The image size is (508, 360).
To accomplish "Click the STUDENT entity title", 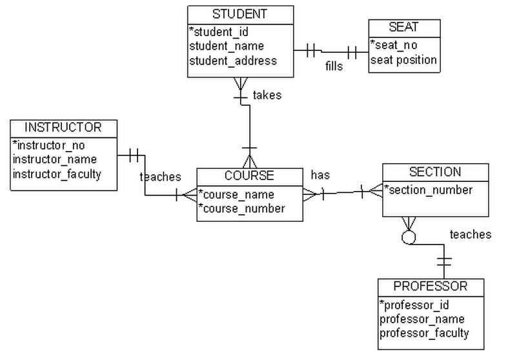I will tap(239, 14).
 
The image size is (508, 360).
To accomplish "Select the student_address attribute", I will tap(233, 61).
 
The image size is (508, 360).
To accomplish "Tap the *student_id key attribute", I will tap(219, 32).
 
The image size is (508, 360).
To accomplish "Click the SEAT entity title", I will tap(404, 28).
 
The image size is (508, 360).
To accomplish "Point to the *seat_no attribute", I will tap(395, 45).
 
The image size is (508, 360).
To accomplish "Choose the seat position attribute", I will tap(403, 60).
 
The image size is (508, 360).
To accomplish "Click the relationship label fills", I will tap(334, 66).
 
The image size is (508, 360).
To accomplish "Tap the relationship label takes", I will tap(267, 95).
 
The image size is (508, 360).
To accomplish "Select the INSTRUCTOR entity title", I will tap(63, 127).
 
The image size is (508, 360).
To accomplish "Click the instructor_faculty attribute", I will tap(57, 174).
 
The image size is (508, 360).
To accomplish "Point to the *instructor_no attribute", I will tap(48, 145).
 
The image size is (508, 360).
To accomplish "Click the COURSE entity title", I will tap(249, 175).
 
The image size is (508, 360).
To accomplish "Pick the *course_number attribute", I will tap(241, 208).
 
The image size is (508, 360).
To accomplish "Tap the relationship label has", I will tap(321, 175).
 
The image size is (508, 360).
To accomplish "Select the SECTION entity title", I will tap(435, 172).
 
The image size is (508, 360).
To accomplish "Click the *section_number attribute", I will tap(429, 190).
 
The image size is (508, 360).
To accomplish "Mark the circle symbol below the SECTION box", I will tap(407, 237).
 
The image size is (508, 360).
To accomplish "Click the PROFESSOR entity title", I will tap(431, 286).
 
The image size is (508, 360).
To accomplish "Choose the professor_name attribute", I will tap(422, 319).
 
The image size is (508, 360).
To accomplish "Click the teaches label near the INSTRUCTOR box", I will tap(160, 176).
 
